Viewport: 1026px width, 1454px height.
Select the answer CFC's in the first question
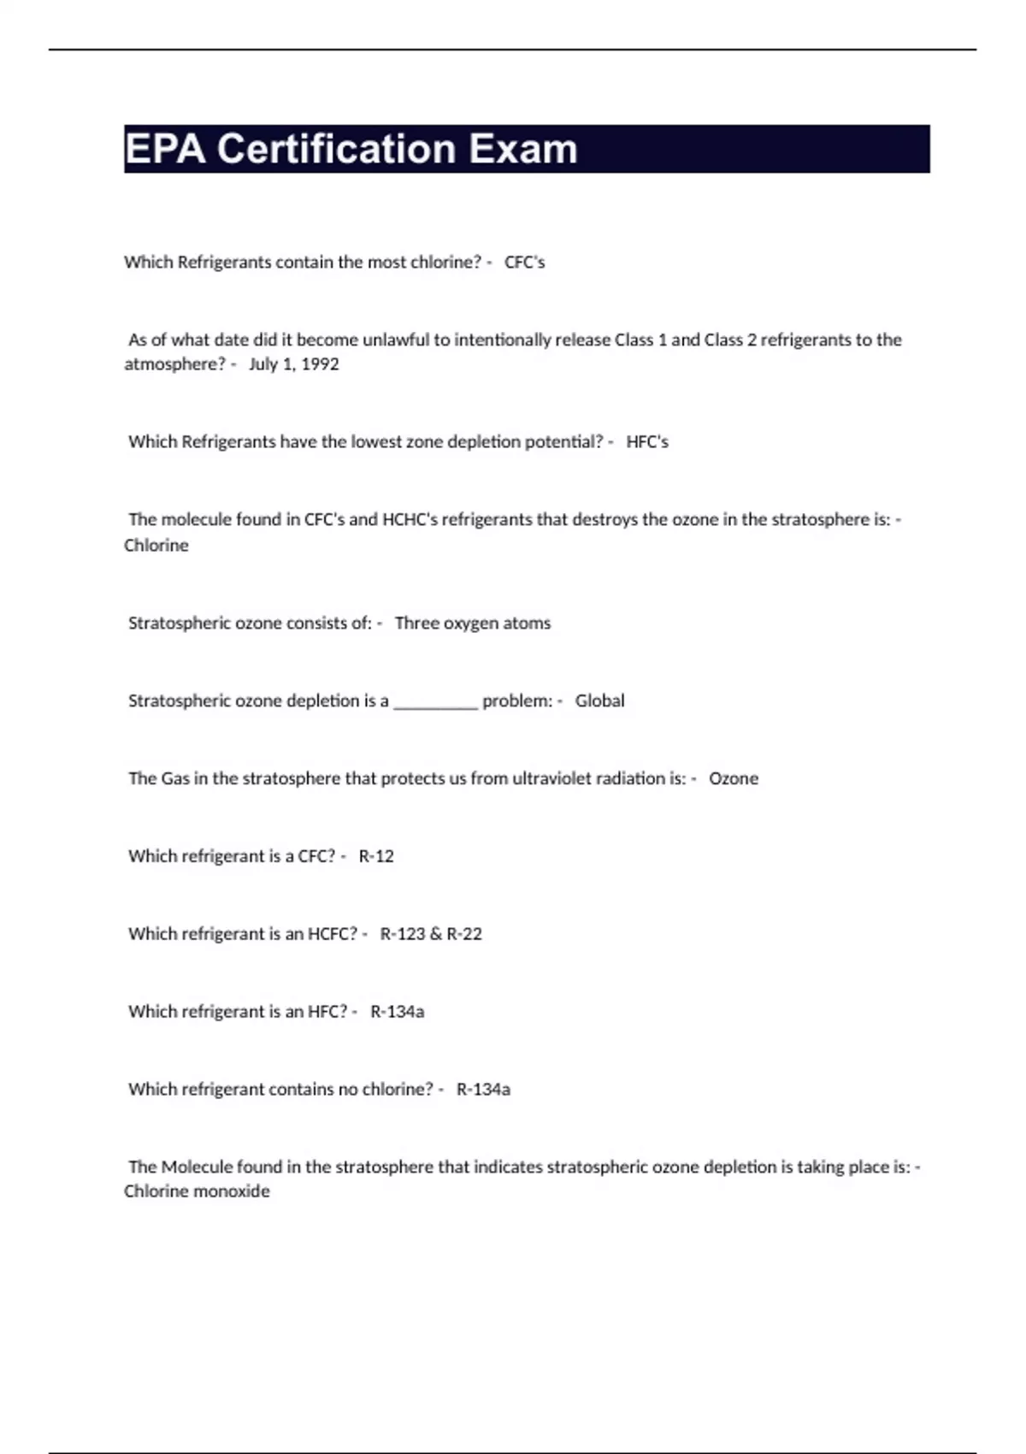pyautogui.click(x=524, y=263)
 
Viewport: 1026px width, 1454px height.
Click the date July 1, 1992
pyautogui.click(x=294, y=364)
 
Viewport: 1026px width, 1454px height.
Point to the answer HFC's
pyautogui.click(x=647, y=442)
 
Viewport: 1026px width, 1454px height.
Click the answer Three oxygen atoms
pyautogui.click(x=473, y=624)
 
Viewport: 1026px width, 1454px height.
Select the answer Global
pyautogui.click(x=599, y=701)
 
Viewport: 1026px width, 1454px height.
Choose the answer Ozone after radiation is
pyautogui.click(x=734, y=779)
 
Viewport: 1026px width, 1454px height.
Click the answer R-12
pyautogui.click(x=376, y=857)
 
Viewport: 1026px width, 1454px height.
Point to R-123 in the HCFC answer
pyautogui.click(x=403, y=935)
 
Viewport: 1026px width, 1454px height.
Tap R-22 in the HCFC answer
pyautogui.click(x=464, y=935)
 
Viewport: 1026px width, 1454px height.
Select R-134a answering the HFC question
pyautogui.click(x=397, y=1013)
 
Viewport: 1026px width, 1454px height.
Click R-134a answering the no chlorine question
pyautogui.click(x=483, y=1090)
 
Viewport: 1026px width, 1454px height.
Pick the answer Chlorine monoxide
pyautogui.click(x=197, y=1191)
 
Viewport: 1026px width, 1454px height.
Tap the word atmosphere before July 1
pyautogui.click(x=174, y=364)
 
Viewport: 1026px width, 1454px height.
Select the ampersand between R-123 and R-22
pyautogui.click(x=436, y=935)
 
